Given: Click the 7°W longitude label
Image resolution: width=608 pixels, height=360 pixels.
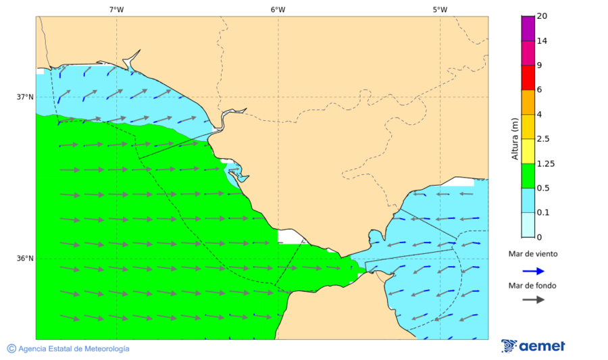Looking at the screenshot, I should click(x=116, y=9).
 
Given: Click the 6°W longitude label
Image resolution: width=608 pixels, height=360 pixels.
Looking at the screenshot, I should click(x=278, y=9).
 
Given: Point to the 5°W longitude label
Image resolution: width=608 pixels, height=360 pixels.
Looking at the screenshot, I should click(x=440, y=9).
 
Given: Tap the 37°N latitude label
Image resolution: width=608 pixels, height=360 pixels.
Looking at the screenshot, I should click(x=25, y=97).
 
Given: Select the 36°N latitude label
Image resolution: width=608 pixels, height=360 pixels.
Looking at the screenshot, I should click(x=25, y=258).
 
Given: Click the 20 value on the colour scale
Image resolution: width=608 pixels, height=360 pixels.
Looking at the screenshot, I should click(x=541, y=16).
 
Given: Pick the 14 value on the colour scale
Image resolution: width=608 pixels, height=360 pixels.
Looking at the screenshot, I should click(x=541, y=41).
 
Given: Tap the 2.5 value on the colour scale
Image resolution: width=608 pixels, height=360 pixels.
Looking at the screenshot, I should click(x=542, y=139).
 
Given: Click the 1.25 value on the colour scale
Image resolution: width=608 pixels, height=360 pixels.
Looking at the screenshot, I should click(x=544, y=163).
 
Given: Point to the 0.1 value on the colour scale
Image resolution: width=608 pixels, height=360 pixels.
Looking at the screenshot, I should click(x=542, y=213).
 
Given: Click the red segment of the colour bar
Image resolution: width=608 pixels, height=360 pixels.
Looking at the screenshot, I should click(x=528, y=78).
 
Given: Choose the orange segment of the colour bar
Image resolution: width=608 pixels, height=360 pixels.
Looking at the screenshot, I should click(x=528, y=102).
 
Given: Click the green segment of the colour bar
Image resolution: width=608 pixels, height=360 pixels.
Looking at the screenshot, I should click(x=528, y=176).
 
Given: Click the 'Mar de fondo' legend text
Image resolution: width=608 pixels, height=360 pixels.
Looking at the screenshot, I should click(x=533, y=286).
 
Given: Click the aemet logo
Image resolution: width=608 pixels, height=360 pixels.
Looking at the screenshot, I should click(x=533, y=346).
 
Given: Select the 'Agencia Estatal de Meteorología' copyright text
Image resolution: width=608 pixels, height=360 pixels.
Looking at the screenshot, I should click(x=68, y=349).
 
